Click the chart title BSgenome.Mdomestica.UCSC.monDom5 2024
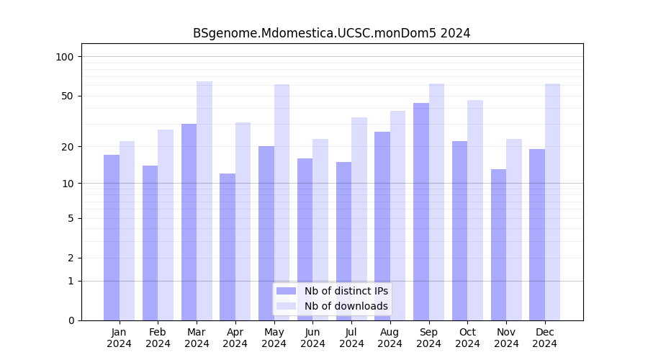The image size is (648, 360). tap(331, 33)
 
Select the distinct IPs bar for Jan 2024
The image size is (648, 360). tap(112, 238)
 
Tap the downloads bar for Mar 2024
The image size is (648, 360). tap(204, 201)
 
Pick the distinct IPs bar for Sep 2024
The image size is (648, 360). tap(421, 212)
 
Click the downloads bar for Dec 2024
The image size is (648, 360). tap(552, 202)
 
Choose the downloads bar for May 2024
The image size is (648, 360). tap(282, 202)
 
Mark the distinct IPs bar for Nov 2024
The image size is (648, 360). tap(498, 245)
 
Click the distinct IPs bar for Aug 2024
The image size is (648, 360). tap(382, 226)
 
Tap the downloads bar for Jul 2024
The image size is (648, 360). tap(359, 219)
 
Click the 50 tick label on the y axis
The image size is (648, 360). tap(68, 96)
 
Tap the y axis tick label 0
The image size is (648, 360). tap(71, 320)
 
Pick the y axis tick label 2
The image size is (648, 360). tap(71, 258)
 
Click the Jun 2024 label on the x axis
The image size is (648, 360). tap(312, 338)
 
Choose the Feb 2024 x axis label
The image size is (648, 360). tap(158, 338)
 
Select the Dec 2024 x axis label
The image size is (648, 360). tap(545, 338)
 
